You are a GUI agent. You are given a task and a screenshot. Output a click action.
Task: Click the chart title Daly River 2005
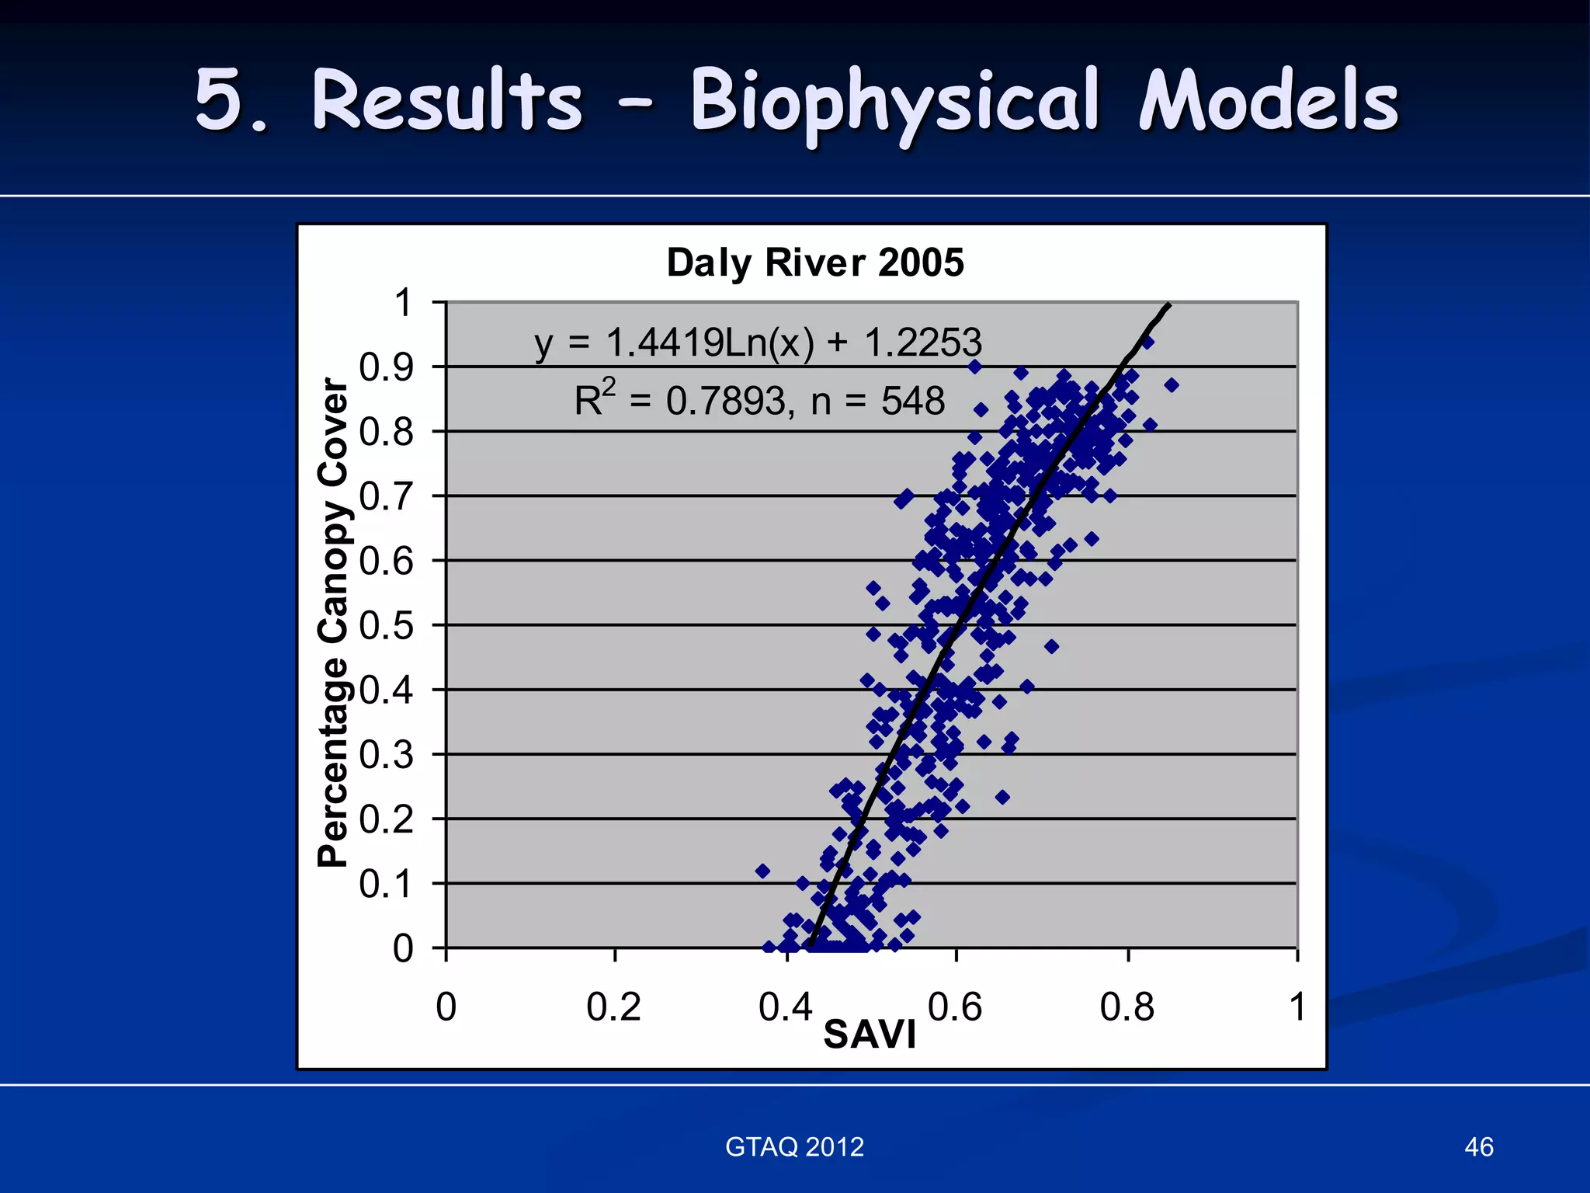[x=815, y=263]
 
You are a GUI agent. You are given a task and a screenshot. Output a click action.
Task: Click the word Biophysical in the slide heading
[x=894, y=101]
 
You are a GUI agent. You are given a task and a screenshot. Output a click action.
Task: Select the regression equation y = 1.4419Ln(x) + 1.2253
[x=758, y=343]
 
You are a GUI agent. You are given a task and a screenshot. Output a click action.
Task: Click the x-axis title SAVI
[x=870, y=1035]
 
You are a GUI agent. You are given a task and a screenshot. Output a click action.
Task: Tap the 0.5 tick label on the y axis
[x=387, y=625]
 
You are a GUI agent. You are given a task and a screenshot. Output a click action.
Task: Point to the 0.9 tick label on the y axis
[x=387, y=367]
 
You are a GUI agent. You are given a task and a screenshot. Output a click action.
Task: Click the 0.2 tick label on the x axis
[x=613, y=1007]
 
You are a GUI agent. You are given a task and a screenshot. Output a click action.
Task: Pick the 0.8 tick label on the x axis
[x=1127, y=1007]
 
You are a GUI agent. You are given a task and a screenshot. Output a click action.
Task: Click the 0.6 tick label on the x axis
[x=955, y=1007]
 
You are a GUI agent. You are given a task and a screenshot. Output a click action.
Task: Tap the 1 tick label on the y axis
[x=403, y=303]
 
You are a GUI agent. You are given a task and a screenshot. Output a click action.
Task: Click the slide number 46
[x=1478, y=1147]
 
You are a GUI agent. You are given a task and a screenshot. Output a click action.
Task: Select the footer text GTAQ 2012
[x=794, y=1147]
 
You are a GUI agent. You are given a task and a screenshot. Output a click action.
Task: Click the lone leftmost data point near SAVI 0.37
[x=762, y=871]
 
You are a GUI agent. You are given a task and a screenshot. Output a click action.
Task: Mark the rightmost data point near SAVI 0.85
[x=1172, y=385]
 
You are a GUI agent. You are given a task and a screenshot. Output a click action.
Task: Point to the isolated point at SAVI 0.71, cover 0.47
[x=1051, y=646]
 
